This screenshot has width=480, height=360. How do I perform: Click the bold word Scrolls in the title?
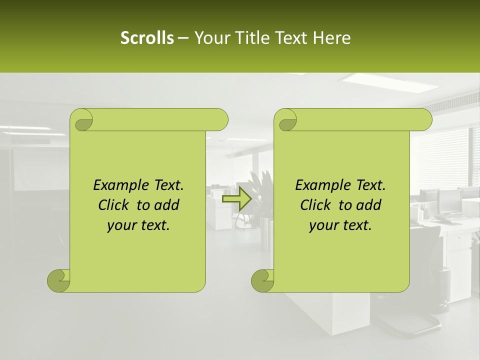coord(147,38)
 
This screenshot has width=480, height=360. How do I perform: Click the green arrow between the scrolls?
coord(236,199)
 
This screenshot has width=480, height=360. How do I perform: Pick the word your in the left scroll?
coord(120,225)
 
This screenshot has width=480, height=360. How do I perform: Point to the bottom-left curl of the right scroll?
coord(262,280)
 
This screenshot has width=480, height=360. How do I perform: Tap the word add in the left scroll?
coord(166,205)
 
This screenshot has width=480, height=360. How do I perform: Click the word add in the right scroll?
coord(368,205)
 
